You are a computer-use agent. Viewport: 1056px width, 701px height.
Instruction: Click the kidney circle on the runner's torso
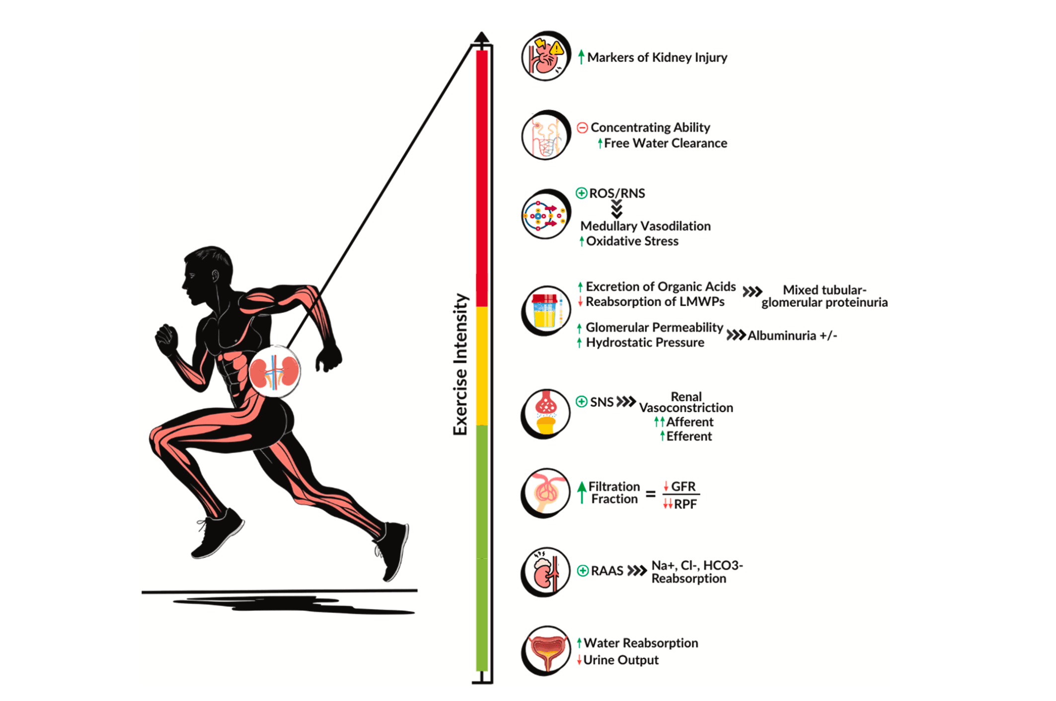[275, 371]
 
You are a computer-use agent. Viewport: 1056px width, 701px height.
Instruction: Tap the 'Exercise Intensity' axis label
[460, 364]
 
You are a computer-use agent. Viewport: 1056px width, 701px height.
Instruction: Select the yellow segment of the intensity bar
[481, 366]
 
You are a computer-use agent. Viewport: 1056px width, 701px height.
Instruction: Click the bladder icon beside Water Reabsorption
[546, 650]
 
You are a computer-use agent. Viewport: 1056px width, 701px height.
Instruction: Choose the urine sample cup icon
[546, 311]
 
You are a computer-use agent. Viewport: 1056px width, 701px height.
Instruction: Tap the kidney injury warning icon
[546, 56]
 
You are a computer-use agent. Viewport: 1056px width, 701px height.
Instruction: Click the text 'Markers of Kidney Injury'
[657, 58]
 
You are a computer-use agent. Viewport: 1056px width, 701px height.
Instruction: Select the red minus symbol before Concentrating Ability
[582, 128]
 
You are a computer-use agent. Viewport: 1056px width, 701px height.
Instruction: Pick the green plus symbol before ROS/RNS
[581, 193]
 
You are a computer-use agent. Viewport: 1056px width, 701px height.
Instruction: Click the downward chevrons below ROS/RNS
[616, 209]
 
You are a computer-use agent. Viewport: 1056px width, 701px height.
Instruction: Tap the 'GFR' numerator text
[683, 486]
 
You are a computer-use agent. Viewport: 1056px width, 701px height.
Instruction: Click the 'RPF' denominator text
[685, 504]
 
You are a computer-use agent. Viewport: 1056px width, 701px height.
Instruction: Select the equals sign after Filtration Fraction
[651, 494]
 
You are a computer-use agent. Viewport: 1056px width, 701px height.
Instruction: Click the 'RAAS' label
[607, 571]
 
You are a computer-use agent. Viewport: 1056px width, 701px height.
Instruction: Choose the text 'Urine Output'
[621, 660]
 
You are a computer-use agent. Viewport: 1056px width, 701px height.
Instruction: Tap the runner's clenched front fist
[166, 338]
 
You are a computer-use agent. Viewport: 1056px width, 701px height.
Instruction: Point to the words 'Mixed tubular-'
[825, 290]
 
